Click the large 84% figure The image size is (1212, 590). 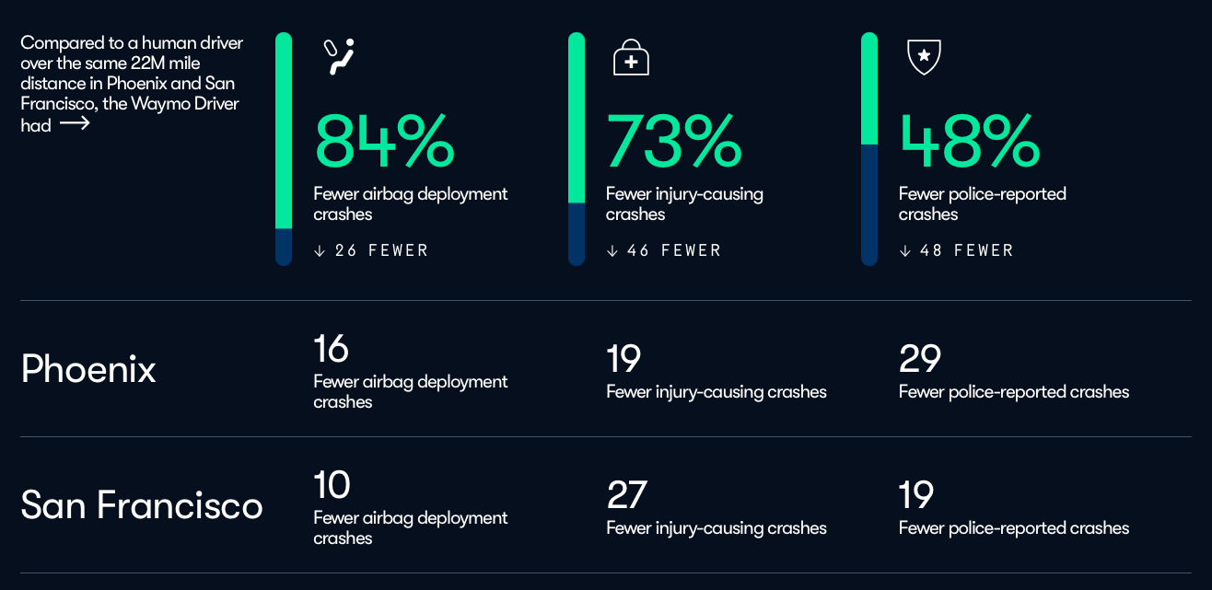pyautogui.click(x=384, y=141)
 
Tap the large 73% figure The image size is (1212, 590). pyautogui.click(x=673, y=141)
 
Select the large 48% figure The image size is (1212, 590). pyautogui.click(x=969, y=141)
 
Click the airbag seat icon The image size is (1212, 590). pyautogui.click(x=339, y=56)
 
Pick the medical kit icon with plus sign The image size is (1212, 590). pyautogui.click(x=631, y=57)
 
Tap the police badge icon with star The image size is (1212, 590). pyautogui.click(x=924, y=56)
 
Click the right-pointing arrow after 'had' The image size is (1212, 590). pyautogui.click(x=75, y=124)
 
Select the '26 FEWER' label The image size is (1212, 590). pyautogui.click(x=381, y=250)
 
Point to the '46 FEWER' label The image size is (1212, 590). pyautogui.click(x=674, y=250)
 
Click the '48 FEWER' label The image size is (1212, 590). pyautogui.click(x=967, y=250)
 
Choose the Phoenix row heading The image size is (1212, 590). pyautogui.click(x=88, y=369)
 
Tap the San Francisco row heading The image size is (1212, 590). pyautogui.click(x=142, y=505)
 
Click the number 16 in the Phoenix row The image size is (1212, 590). pyautogui.click(x=331, y=348)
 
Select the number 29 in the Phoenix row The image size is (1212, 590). pyautogui.click(x=920, y=358)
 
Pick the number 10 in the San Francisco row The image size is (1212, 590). pyautogui.click(x=332, y=484)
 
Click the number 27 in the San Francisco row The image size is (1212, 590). pyautogui.click(x=626, y=494)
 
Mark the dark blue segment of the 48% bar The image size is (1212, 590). pyautogui.click(x=869, y=205)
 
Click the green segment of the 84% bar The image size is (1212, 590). pyautogui.click(x=284, y=131)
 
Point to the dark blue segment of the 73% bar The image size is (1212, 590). pyautogui.click(x=577, y=234)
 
